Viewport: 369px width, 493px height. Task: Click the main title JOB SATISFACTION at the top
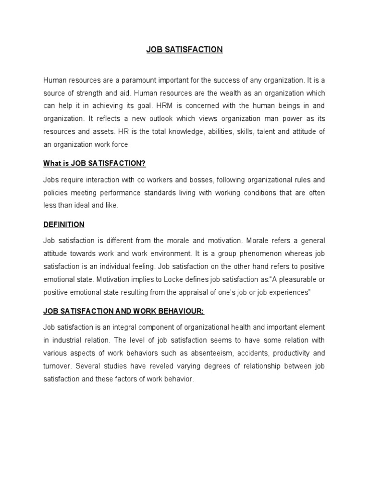point(184,50)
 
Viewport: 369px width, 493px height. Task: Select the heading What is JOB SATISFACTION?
point(94,163)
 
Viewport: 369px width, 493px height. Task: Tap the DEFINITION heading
point(64,224)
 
